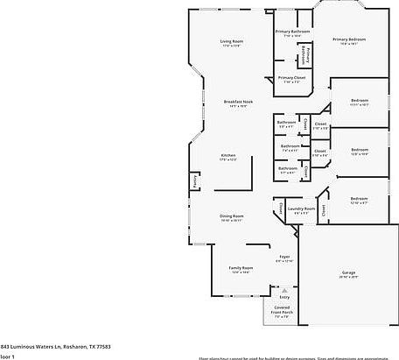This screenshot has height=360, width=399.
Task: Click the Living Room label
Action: click(x=231, y=41)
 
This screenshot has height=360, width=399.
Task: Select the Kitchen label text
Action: click(x=228, y=155)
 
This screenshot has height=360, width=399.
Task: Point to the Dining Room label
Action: click(x=232, y=215)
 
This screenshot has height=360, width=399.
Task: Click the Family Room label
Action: click(x=241, y=267)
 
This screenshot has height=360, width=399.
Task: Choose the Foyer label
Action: click(x=284, y=257)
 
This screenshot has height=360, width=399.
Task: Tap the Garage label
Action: click(x=348, y=272)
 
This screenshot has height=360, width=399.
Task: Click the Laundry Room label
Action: click(x=300, y=208)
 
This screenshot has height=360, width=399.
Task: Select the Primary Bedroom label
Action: click(x=348, y=39)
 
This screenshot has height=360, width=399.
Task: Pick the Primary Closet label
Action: click(x=291, y=77)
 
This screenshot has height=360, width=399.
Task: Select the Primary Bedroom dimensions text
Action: click(x=348, y=45)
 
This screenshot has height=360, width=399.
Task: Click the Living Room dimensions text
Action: click(x=231, y=46)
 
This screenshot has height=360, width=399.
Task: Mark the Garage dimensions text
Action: click(x=348, y=278)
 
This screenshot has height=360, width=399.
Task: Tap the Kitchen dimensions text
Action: click(x=228, y=160)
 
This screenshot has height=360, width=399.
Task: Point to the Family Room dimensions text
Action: click(x=241, y=272)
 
